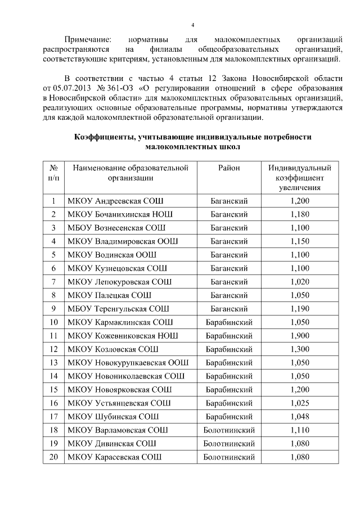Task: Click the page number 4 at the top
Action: pyautogui.click(x=192, y=25)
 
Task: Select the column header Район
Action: pyautogui.click(x=229, y=168)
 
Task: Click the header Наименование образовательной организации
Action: pyautogui.click(x=130, y=173)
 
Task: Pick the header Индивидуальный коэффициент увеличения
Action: pyautogui.click(x=299, y=178)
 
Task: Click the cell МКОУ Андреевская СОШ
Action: pyautogui.click(x=116, y=201)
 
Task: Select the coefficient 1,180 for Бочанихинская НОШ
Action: pyautogui.click(x=300, y=214)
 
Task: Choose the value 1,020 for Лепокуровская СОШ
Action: pyautogui.click(x=300, y=282)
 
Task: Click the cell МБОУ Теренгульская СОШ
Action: pyautogui.click(x=118, y=309)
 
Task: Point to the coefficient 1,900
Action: pyautogui.click(x=300, y=336)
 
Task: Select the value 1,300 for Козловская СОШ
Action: pyautogui.click(x=300, y=349)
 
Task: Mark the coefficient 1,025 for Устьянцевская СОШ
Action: pyautogui.click(x=300, y=403)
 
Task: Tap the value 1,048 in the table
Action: pyautogui.click(x=300, y=417)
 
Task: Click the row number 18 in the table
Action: pyautogui.click(x=53, y=430)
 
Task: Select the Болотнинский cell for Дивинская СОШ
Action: pyautogui.click(x=229, y=444)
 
